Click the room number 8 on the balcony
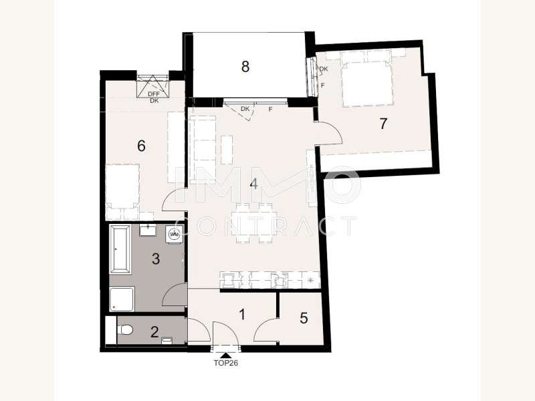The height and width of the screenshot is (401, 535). pos(245,66)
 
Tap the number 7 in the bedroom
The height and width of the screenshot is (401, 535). pos(383,124)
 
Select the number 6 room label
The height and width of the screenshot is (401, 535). pos(141,146)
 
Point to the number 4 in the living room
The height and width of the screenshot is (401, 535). pos(253,184)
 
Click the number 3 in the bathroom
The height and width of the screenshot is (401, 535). pos(156,259)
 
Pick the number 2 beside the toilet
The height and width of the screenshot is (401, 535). pos(154,331)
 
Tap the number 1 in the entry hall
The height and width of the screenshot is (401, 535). pos(242,314)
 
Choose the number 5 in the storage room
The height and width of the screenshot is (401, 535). pos(304,318)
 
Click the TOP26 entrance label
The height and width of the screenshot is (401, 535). pos(226,363)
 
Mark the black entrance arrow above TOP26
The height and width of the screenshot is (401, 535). pos(225,356)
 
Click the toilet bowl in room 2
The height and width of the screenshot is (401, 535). pos(124,330)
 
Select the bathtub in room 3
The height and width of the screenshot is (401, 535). pos(120,249)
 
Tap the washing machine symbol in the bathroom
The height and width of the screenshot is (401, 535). pos(175,234)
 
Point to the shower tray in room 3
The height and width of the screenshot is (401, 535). pos(122,299)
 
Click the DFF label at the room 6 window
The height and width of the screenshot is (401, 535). pos(154,94)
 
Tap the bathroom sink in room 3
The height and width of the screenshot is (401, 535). pos(148,231)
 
